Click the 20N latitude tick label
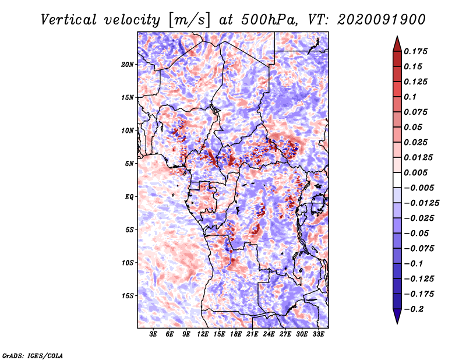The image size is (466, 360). click(128, 65)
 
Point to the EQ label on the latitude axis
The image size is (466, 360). click(129, 197)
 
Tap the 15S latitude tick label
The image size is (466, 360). click(128, 296)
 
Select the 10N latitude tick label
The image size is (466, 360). click(128, 130)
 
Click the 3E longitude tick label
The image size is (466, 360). click(153, 334)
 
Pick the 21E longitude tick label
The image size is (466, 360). click(252, 334)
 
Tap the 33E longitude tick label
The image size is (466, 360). click(318, 334)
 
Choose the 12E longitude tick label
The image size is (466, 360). click(202, 334)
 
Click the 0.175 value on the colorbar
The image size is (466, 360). click(415, 51)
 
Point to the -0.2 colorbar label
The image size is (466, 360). click(414, 309)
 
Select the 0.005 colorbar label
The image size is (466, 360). click(415, 172)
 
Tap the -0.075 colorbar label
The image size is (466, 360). click(419, 249)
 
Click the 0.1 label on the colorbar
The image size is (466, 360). click(410, 97)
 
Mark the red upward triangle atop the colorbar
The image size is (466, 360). click(397, 44)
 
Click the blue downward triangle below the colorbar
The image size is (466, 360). click(397, 316)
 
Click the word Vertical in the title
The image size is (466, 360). click(69, 20)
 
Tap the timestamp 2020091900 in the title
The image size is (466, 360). click(382, 20)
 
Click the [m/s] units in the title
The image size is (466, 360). click(189, 20)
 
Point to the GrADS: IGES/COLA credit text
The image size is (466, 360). click(33, 355)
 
